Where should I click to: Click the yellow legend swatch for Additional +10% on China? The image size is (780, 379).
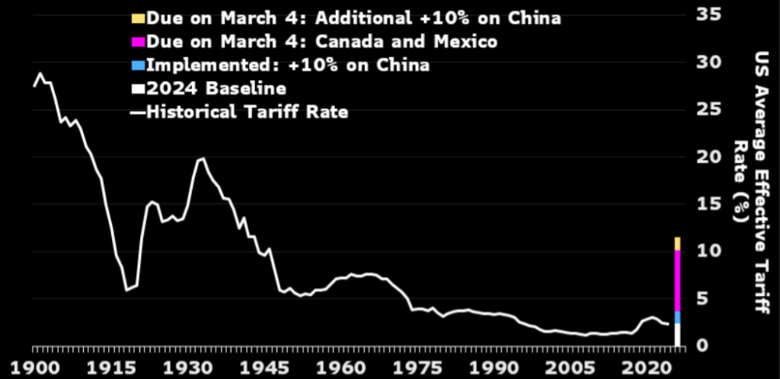pyautogui.click(x=137, y=18)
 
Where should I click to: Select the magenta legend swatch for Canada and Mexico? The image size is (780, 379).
pyautogui.click(x=137, y=42)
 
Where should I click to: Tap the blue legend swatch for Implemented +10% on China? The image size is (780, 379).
pyautogui.click(x=137, y=65)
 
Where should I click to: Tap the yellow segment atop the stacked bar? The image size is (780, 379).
pyautogui.click(x=677, y=244)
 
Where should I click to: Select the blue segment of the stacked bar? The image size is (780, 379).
pyautogui.click(x=677, y=317)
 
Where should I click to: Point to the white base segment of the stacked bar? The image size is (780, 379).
pyautogui.click(x=677, y=335)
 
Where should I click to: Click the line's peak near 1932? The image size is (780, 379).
pyautogui.click(x=202, y=158)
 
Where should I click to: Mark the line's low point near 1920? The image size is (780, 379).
pyautogui.click(x=126, y=290)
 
